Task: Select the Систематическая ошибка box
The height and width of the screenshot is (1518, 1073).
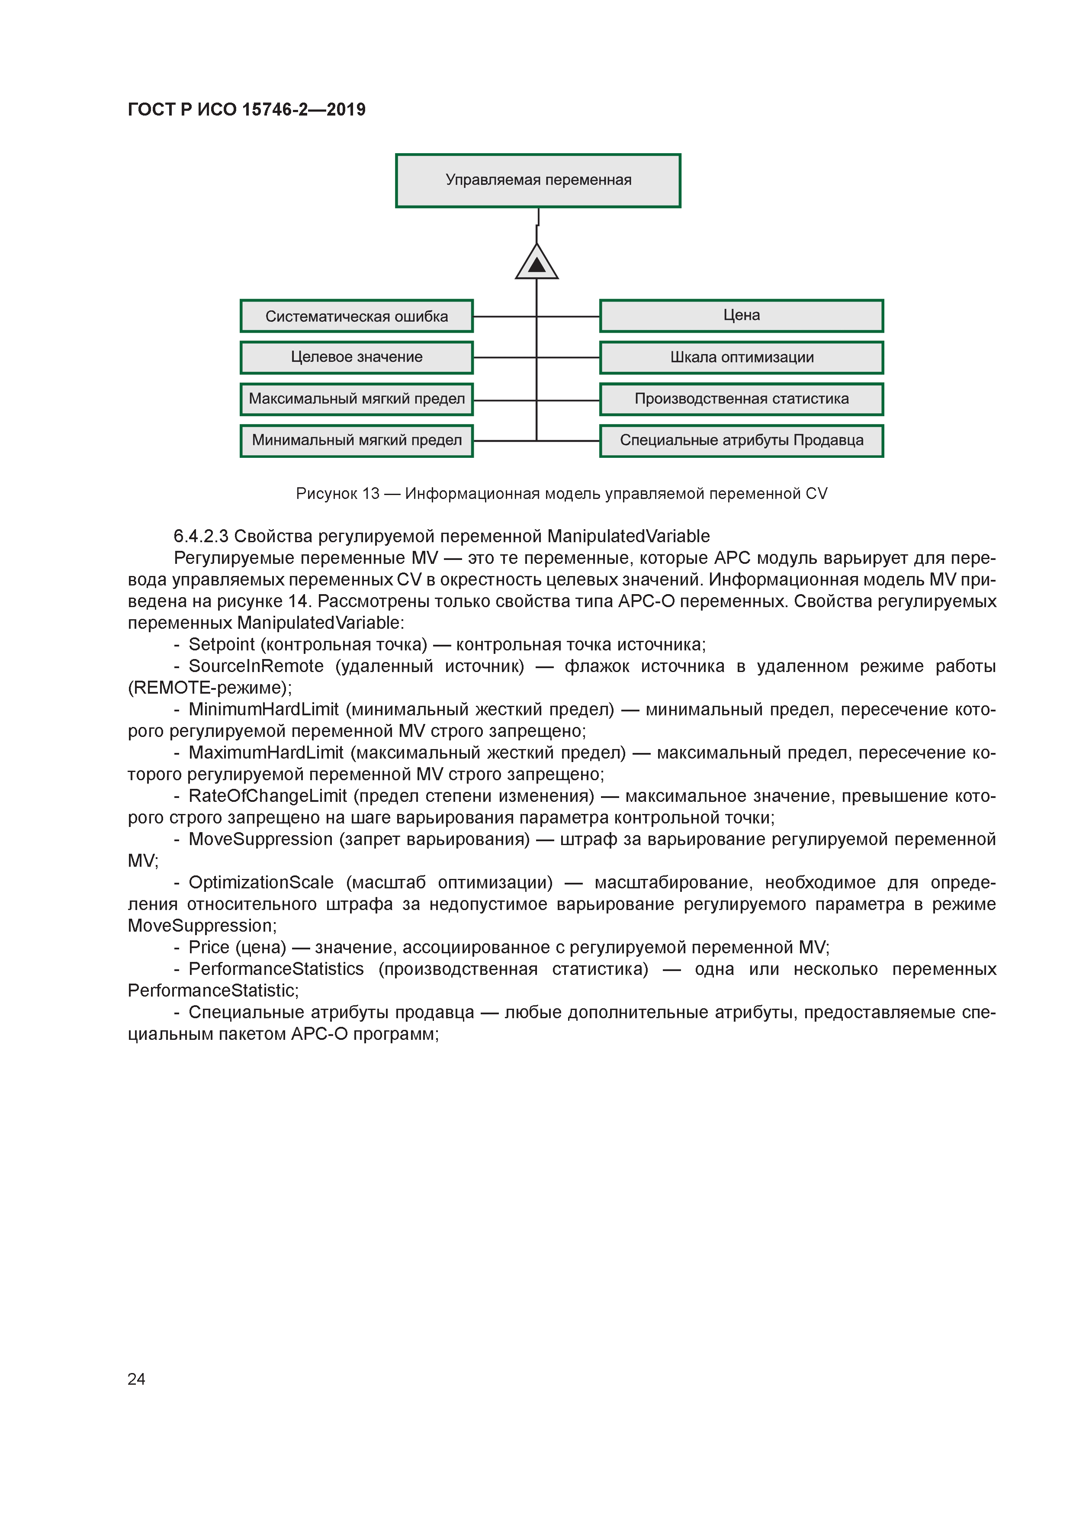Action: pos(357,316)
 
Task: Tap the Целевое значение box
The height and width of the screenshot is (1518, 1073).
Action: pos(357,357)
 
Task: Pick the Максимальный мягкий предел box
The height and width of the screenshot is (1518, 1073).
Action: pos(357,399)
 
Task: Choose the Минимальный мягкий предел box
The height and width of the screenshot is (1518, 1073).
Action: pos(357,441)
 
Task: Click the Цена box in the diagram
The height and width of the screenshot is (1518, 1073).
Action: pos(741,315)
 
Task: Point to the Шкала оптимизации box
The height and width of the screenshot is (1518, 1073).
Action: pos(741,357)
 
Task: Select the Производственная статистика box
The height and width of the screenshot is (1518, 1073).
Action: pos(741,399)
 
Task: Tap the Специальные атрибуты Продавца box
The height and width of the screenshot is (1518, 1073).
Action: pos(741,441)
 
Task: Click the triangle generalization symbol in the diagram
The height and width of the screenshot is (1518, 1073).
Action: pos(537,263)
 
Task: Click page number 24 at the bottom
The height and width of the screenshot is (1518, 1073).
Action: pos(136,1379)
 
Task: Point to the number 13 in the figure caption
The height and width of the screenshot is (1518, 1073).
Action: pos(371,494)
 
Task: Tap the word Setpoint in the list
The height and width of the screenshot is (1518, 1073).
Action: pos(222,645)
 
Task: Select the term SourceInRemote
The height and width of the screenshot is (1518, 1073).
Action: pos(256,666)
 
